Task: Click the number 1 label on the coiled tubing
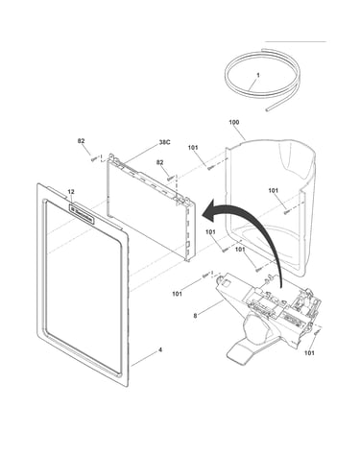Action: [258, 75]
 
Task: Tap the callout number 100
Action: [234, 122]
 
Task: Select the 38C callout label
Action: [164, 142]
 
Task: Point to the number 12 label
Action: [71, 192]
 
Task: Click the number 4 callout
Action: [160, 350]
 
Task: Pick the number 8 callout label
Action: [195, 316]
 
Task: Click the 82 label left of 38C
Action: [81, 141]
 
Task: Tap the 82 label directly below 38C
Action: [160, 162]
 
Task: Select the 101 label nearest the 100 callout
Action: [193, 148]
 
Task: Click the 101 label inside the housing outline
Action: [273, 190]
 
